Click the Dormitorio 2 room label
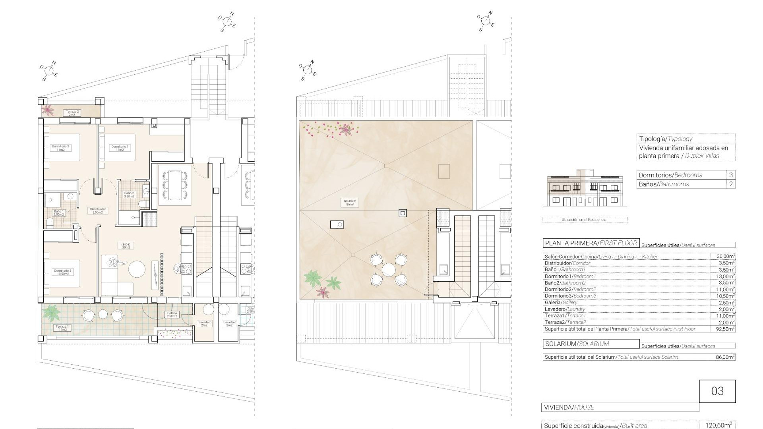coord(60,148)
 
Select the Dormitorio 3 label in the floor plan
coord(63,272)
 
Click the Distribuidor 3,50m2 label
coord(98,211)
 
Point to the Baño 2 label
coord(129,195)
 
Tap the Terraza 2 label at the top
coord(72,113)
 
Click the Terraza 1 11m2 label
coord(62,328)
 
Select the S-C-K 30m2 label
coord(126,245)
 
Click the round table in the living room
coord(137,269)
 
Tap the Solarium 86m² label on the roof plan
coord(350,203)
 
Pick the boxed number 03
coord(717,391)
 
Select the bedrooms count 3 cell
coord(731,175)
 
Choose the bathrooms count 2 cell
coord(731,184)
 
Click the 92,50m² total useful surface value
coord(724,329)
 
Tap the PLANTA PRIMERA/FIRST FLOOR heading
coord(591,243)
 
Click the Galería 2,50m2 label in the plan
coord(172,315)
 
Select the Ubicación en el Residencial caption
coord(584,220)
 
